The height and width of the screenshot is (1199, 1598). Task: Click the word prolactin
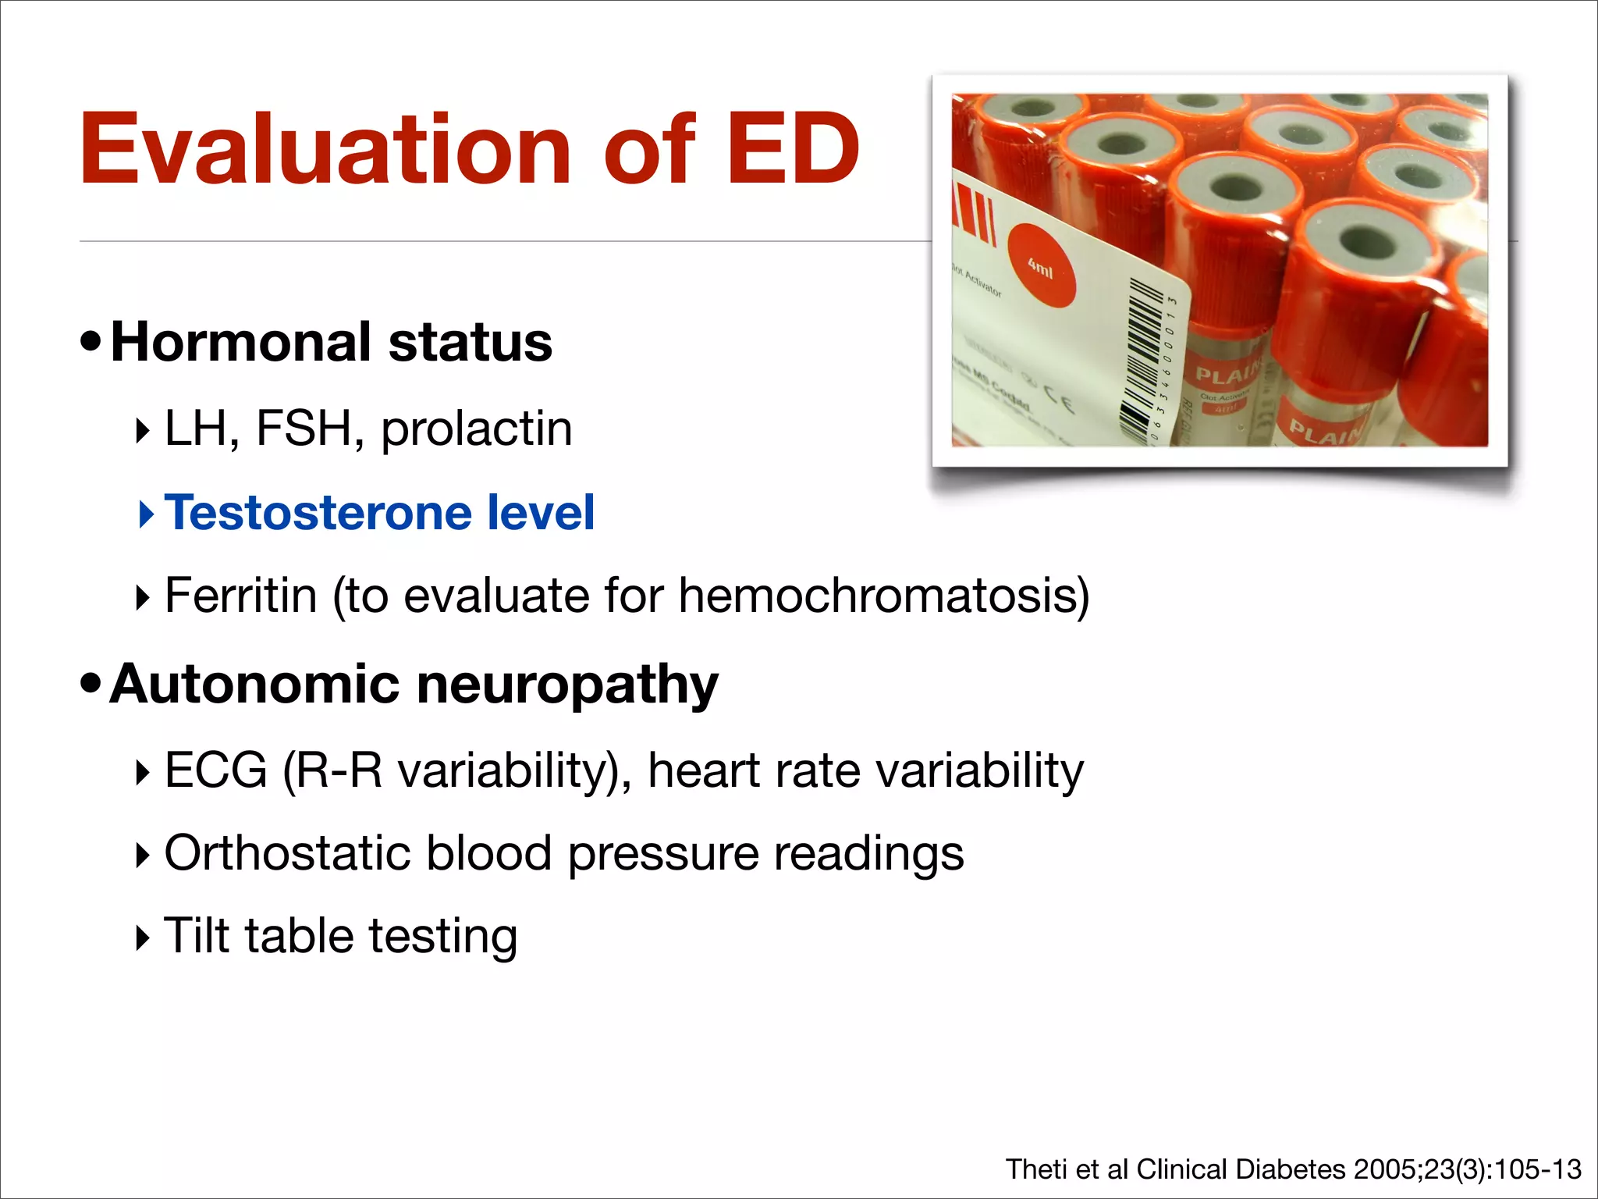pyautogui.click(x=476, y=429)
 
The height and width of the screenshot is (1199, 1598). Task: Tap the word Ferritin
pyautogui.click(x=240, y=596)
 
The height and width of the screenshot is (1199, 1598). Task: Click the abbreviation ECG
pyautogui.click(x=216, y=770)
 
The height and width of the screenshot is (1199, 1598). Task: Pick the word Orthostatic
pyautogui.click(x=287, y=852)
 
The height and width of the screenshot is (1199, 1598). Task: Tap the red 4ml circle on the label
pyautogui.click(x=1041, y=266)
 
